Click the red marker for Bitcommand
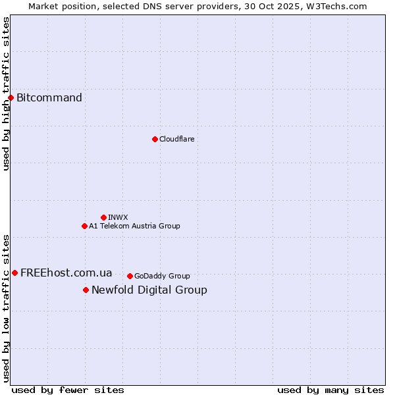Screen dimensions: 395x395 (x=11, y=98)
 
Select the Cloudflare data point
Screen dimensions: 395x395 (x=155, y=139)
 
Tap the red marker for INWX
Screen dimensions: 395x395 (x=103, y=217)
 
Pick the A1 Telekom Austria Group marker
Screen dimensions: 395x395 (x=84, y=226)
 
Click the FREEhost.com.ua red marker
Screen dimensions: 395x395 (x=14, y=273)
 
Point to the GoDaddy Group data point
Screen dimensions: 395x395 (x=130, y=276)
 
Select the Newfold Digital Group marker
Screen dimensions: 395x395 (x=86, y=290)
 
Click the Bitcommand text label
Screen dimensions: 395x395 (x=49, y=98)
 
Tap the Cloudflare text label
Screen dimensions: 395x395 (x=176, y=139)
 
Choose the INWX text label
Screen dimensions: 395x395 (x=118, y=217)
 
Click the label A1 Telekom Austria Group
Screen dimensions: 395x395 (x=134, y=226)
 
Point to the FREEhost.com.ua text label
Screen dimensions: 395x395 (x=66, y=273)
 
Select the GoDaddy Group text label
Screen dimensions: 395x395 (x=162, y=276)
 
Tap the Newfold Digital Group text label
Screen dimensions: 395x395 (x=149, y=290)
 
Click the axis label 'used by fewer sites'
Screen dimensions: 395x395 (x=68, y=390)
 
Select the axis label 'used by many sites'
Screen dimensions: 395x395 (x=330, y=390)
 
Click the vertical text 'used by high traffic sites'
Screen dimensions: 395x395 (x=6, y=93)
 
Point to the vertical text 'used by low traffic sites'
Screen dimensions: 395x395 (x=6, y=308)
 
